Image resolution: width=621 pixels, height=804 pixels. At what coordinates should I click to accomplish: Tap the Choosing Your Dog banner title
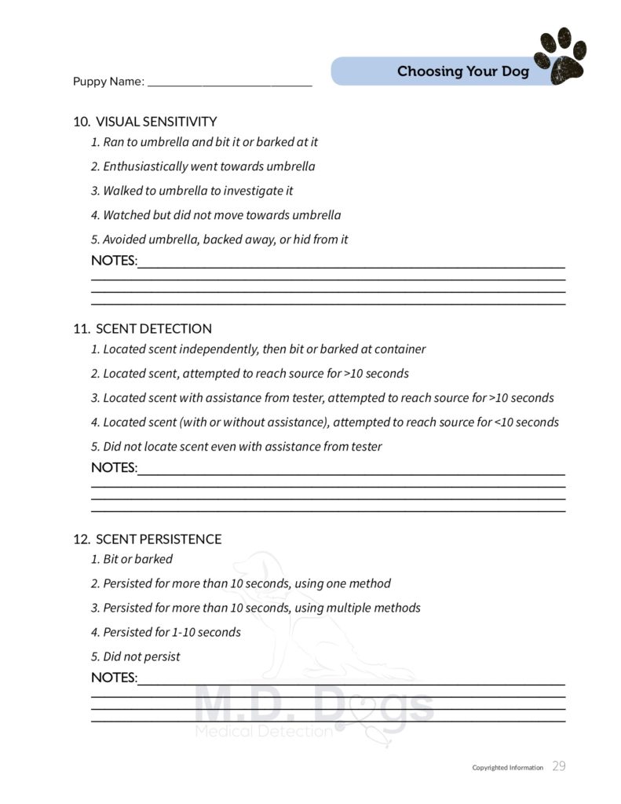462,71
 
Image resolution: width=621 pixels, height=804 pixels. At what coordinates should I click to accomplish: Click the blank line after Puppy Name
229,82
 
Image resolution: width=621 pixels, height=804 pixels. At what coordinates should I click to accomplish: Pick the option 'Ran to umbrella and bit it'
204,142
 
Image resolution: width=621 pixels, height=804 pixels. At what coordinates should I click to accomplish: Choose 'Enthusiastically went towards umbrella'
203,166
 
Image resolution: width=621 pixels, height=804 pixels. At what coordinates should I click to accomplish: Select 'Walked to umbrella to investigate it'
192,191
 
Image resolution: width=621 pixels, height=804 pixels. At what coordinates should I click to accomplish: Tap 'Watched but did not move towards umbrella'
216,215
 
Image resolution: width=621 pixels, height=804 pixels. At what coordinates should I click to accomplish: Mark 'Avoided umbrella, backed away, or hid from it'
219,239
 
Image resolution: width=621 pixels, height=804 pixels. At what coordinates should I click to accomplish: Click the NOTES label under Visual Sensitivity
114,261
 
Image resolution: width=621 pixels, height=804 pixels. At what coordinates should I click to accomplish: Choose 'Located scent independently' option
258,349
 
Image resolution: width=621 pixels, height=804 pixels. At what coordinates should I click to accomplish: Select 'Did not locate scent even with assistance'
236,447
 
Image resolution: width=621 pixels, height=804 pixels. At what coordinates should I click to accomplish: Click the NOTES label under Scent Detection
114,468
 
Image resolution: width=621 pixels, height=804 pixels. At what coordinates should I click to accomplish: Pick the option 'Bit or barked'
132,559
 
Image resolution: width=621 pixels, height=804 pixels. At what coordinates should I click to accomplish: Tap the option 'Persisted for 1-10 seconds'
166,632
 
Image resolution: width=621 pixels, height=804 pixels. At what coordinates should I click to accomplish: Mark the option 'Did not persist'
136,656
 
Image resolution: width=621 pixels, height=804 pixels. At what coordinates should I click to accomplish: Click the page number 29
558,766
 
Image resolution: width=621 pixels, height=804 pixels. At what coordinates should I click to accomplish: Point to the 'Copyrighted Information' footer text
507,768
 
